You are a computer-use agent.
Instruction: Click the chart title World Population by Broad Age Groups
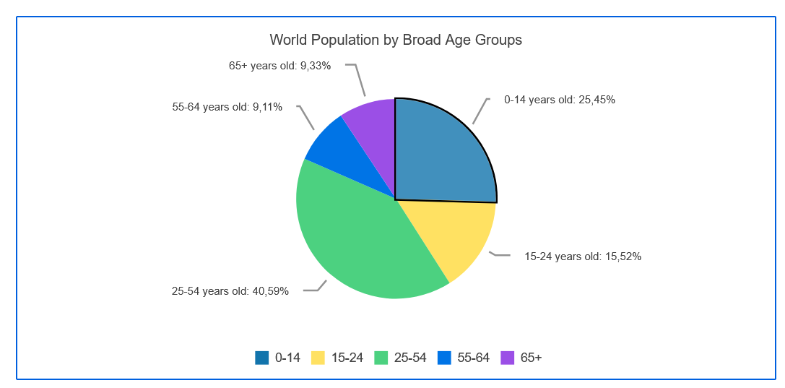point(395,40)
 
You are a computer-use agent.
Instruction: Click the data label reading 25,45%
point(597,100)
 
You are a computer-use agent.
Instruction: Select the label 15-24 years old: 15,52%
point(582,256)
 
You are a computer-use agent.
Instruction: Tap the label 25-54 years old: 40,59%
point(230,291)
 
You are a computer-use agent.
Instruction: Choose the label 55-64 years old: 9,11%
point(227,107)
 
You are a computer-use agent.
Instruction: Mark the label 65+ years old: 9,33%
point(280,66)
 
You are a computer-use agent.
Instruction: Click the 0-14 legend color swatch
point(261,358)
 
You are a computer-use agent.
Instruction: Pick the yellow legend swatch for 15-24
point(318,358)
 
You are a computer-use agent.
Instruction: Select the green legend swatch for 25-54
point(381,358)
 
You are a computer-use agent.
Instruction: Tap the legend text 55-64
point(474,358)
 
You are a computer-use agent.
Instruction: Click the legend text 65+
point(531,358)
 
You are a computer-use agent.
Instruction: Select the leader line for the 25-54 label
point(317,288)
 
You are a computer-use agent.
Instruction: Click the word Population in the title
point(350,40)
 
